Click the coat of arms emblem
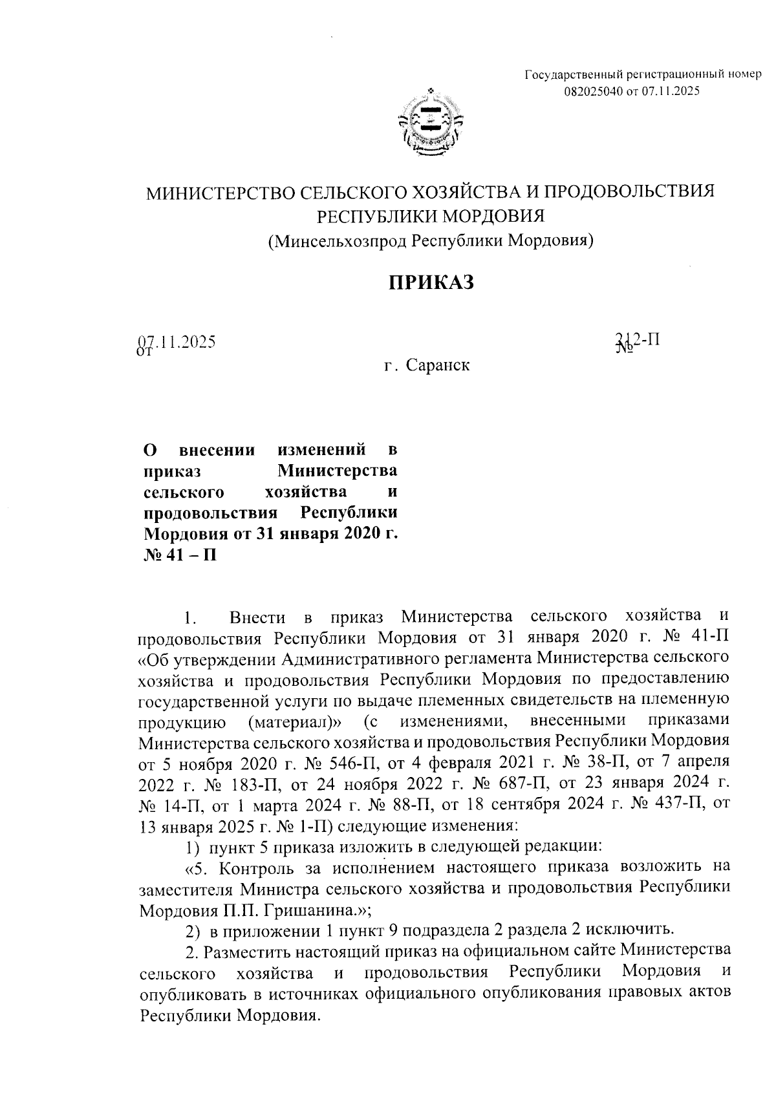coord(429,125)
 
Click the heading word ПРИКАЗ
coord(431,282)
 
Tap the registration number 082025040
coord(594,91)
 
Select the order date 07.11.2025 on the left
coord(176,342)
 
